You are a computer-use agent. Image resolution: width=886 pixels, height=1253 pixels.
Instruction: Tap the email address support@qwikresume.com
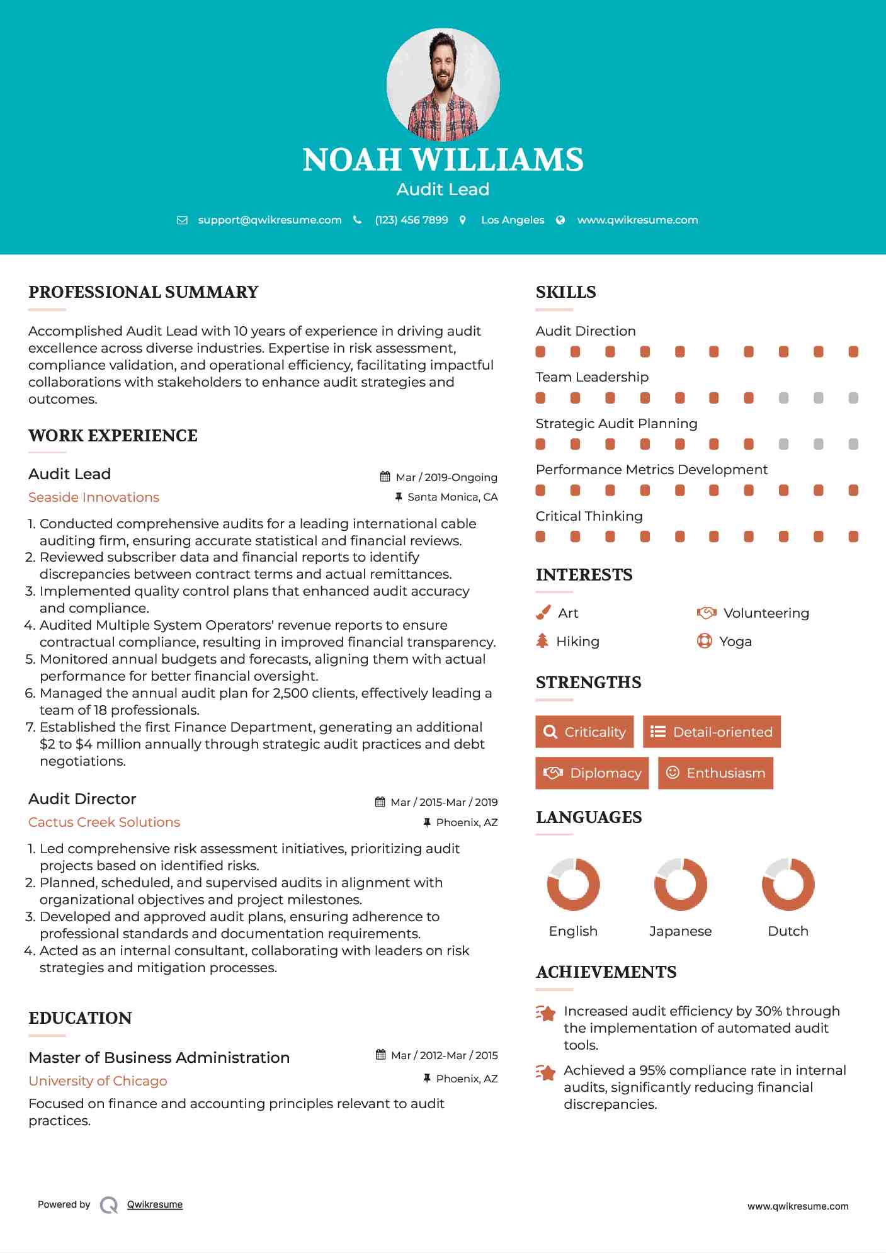point(270,220)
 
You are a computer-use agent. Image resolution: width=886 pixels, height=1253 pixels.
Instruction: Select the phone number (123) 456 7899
point(411,220)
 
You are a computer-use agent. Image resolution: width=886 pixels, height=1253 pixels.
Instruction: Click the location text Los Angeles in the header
point(512,220)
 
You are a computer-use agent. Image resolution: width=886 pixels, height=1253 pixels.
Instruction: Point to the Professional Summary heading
point(144,292)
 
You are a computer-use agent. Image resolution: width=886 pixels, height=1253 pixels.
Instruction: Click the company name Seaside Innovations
point(94,497)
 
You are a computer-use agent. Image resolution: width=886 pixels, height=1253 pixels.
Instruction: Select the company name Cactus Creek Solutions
point(104,822)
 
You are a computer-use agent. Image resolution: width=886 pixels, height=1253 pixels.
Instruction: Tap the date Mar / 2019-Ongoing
point(446,477)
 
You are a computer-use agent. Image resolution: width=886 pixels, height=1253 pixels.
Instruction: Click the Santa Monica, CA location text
point(452,497)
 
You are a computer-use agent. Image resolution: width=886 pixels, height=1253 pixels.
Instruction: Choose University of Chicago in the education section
point(98,1081)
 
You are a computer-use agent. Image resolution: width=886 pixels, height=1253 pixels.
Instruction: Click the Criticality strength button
point(584,732)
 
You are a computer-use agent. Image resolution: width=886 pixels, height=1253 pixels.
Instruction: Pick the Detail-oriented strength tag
point(712,732)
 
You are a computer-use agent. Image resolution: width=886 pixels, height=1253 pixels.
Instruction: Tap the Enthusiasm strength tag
point(715,773)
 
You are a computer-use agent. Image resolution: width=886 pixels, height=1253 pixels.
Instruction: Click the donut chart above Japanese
point(680,884)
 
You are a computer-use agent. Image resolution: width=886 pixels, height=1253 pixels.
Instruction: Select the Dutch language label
point(788,931)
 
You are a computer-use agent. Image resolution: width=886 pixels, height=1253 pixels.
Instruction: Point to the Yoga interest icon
point(704,641)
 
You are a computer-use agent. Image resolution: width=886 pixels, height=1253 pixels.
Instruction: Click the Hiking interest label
point(577,642)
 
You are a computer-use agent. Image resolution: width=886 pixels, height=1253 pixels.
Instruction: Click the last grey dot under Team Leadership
point(853,398)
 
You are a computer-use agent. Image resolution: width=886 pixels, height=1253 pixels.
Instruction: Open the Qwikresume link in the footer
point(155,1205)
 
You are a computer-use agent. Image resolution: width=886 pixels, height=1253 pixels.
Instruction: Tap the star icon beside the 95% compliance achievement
point(546,1072)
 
